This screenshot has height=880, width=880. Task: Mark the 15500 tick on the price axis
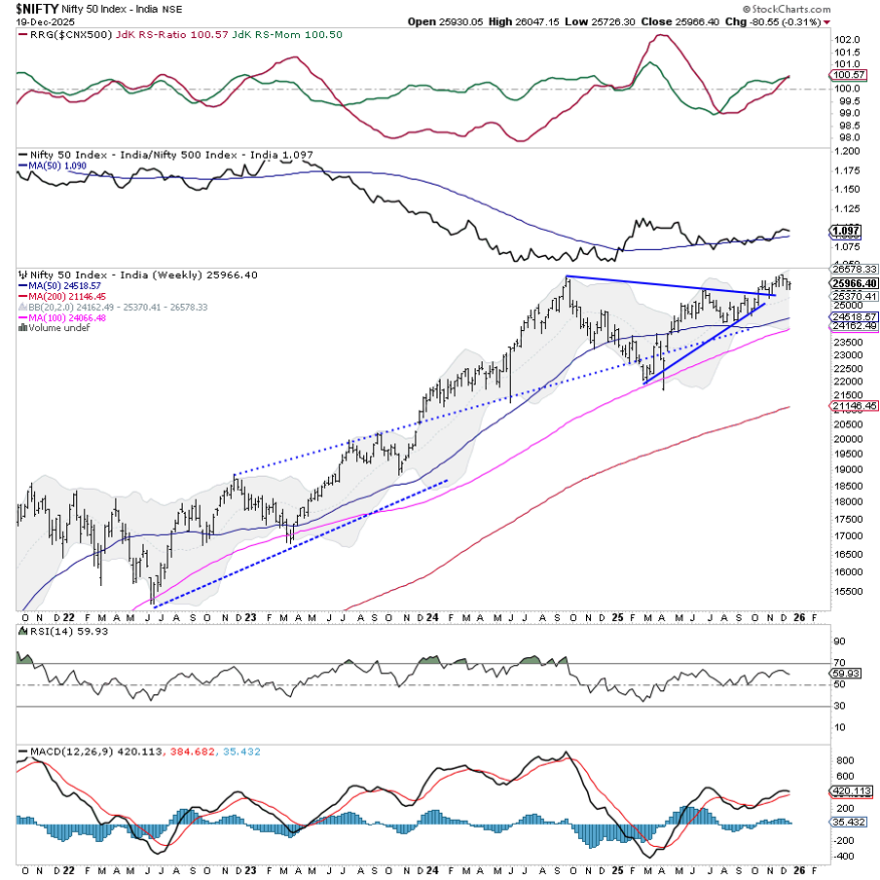[x=845, y=591]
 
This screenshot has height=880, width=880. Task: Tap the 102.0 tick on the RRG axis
[x=847, y=39]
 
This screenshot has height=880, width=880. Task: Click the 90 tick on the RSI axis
[x=838, y=642]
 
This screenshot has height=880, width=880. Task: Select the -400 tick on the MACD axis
[x=844, y=856]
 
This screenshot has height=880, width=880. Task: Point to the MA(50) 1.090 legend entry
[x=56, y=166]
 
